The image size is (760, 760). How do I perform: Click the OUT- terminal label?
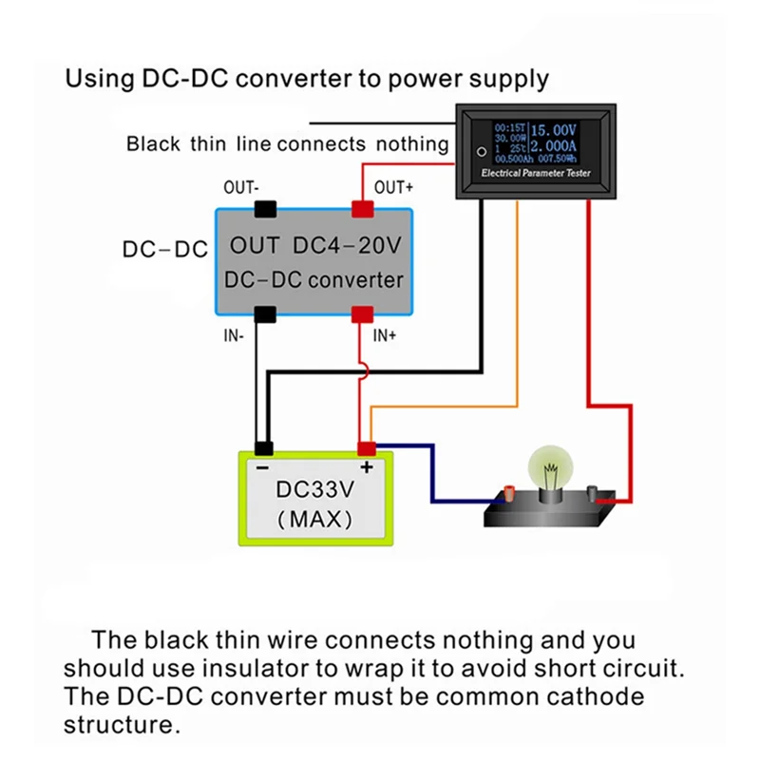[239, 187]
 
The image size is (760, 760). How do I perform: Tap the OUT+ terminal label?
[393, 187]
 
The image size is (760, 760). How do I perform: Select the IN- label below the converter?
[234, 334]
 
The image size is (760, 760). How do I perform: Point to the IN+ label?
[384, 334]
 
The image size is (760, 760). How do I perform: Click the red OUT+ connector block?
[362, 208]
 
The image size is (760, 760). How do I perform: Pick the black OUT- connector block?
[264, 208]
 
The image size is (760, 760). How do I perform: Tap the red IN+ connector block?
[362, 313]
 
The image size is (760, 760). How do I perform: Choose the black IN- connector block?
[264, 313]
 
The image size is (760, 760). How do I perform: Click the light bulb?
[548, 472]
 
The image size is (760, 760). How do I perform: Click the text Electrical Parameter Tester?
[536, 174]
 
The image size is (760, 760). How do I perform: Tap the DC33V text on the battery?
[313, 491]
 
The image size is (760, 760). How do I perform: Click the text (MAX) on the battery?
[313, 520]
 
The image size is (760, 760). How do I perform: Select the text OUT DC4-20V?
[314, 246]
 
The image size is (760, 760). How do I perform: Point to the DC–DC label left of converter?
[164, 250]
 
